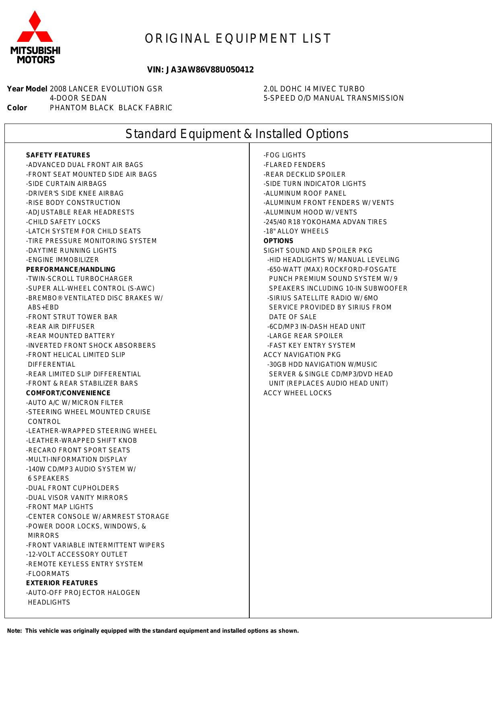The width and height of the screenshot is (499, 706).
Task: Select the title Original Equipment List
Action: [238, 39]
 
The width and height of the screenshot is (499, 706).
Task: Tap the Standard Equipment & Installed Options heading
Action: [237, 134]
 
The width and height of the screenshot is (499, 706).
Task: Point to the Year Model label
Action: [27, 89]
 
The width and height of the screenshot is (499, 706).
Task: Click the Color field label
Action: [17, 108]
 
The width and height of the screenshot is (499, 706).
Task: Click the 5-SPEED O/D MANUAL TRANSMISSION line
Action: [333, 98]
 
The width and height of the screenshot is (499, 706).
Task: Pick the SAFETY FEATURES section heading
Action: [58, 155]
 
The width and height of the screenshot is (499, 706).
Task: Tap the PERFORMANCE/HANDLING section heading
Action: [70, 270]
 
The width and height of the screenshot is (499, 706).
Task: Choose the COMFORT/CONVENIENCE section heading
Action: [68, 393]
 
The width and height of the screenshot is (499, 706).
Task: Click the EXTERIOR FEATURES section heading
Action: [62, 583]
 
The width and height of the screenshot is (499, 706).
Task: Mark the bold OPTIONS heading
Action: [278, 241]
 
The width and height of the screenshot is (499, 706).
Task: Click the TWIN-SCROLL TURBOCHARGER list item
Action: [79, 279]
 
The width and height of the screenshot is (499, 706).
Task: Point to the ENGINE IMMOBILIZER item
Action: [62, 260]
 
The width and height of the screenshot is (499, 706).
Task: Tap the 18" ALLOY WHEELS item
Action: [296, 231]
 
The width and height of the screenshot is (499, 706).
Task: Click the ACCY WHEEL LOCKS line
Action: [298, 393]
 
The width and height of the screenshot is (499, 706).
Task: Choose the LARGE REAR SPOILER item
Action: [305, 336]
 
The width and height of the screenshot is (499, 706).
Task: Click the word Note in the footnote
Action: [14, 631]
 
